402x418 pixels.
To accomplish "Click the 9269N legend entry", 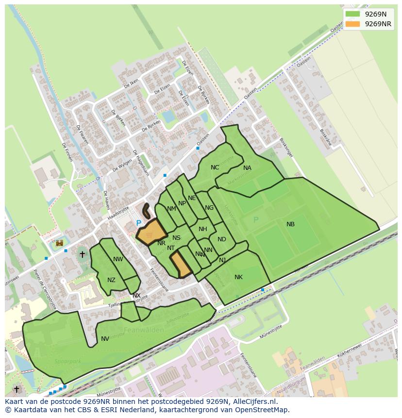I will pos(368,14).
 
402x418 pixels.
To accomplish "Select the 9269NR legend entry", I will pos(368,24).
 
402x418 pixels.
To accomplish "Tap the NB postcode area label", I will pos(290,224).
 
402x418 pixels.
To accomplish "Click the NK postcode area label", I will pos(238,277).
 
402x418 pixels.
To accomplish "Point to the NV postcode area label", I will pos(105,339).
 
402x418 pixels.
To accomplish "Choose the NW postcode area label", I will pos(118,259).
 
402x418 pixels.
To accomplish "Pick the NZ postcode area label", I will pos(112,280).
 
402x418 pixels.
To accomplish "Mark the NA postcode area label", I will pos(247,168).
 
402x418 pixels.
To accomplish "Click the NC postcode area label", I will pos(215,167).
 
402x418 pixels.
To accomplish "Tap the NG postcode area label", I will pos(209,208).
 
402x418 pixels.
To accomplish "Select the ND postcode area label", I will pos(222,239).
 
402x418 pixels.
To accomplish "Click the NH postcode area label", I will pos(203,229).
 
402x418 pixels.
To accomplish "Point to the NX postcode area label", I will pos(136,296).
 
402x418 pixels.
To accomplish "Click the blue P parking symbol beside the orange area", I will pos(139,223).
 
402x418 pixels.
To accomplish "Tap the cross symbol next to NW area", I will pos(82,254).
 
